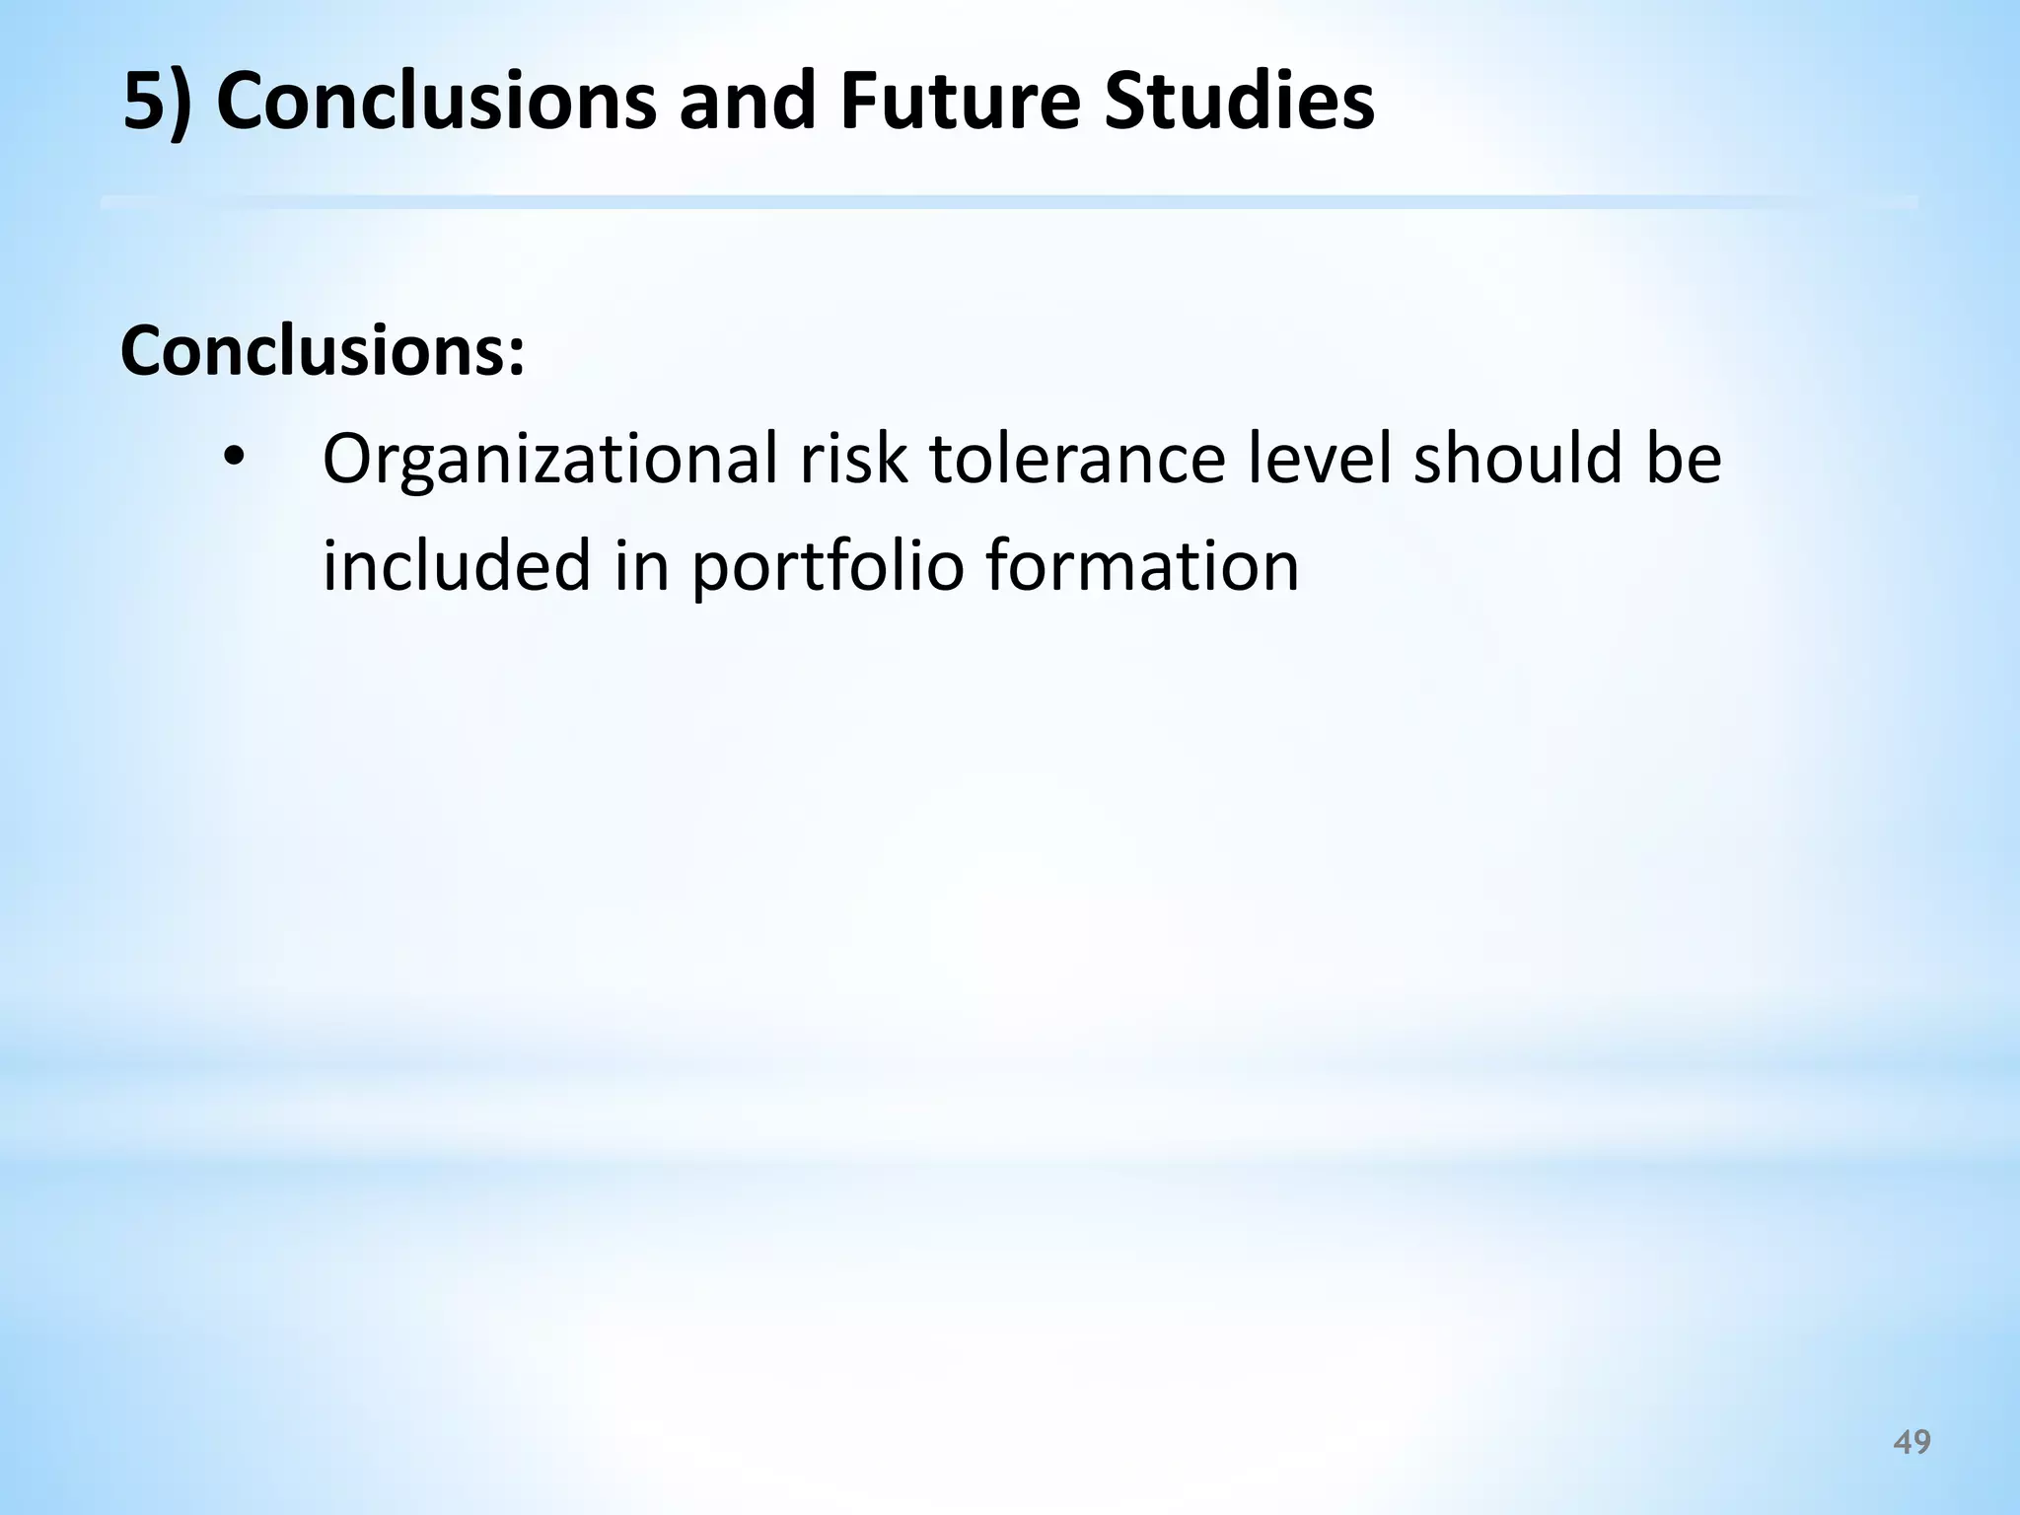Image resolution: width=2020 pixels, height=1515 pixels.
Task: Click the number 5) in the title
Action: (x=156, y=104)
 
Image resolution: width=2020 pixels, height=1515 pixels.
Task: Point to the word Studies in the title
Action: (x=1239, y=102)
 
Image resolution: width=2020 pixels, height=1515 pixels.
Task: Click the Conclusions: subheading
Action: (x=322, y=352)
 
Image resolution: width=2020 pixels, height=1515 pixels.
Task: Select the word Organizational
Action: (x=550, y=461)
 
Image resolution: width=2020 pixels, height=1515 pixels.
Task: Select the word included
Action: (x=457, y=565)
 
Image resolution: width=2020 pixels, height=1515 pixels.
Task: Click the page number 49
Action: (x=1912, y=1443)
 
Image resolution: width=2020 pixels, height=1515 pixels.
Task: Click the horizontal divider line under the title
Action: (x=1010, y=202)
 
